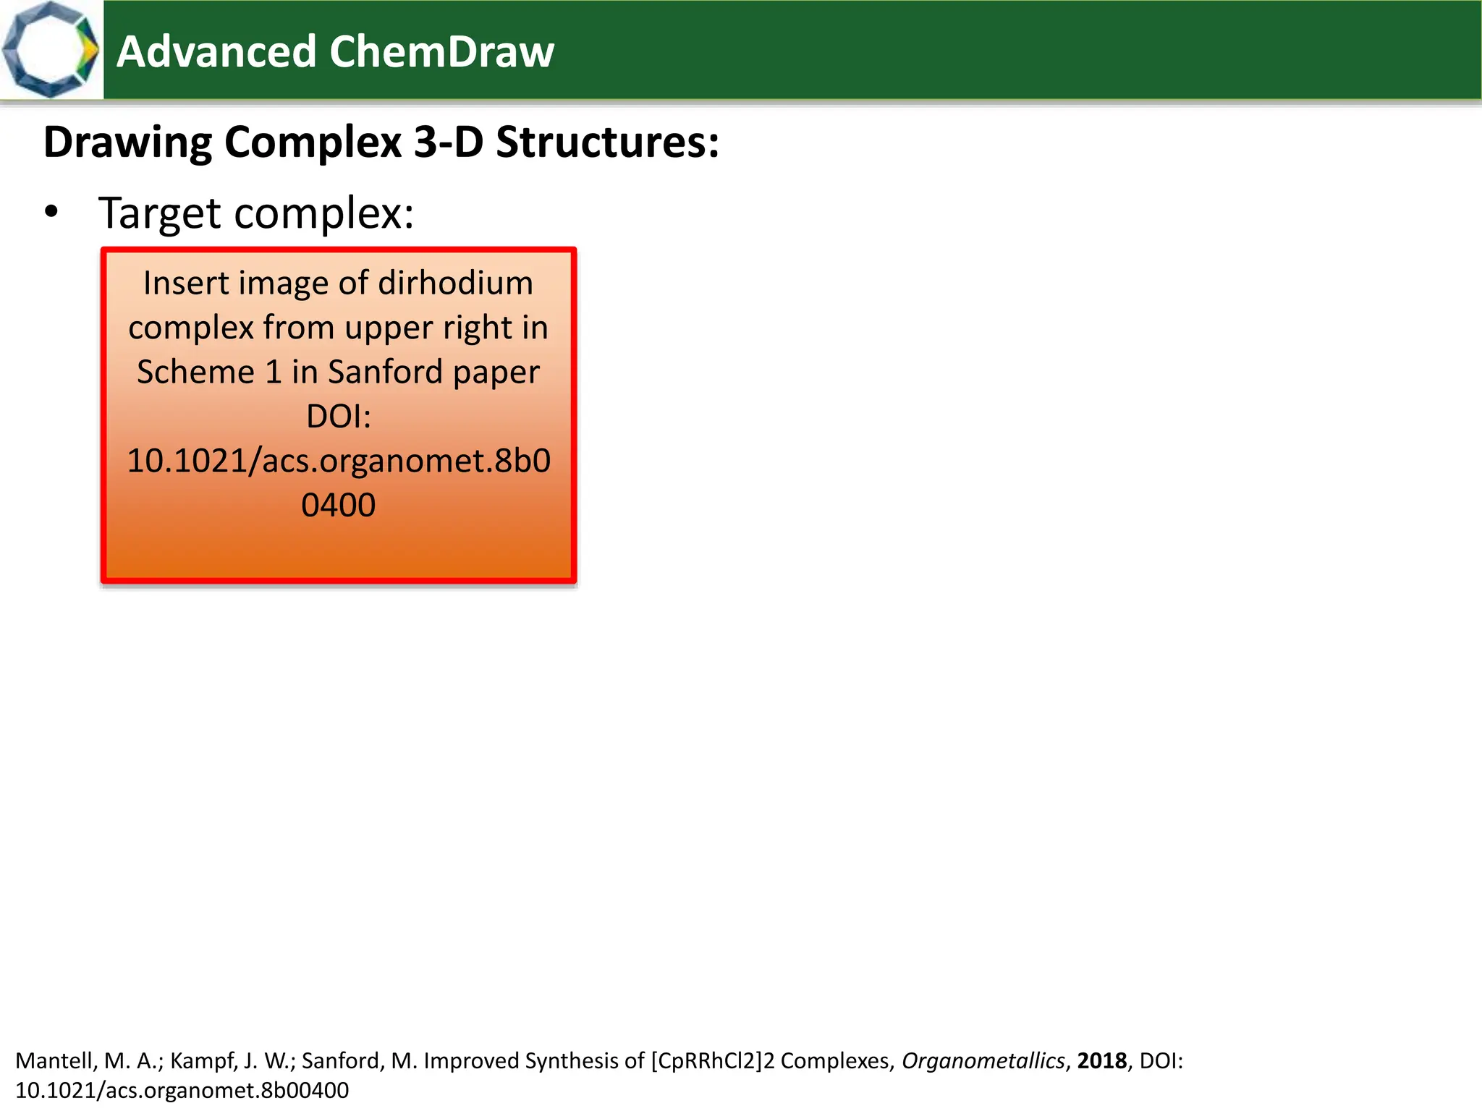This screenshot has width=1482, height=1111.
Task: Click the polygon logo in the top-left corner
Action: coord(51,49)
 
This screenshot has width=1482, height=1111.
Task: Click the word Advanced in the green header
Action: coord(216,52)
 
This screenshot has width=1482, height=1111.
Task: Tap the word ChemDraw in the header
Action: coord(441,52)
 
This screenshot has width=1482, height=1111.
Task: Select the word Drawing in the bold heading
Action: coord(127,142)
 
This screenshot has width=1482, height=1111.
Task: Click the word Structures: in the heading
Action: coord(608,142)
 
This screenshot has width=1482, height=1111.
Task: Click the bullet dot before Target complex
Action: coord(51,213)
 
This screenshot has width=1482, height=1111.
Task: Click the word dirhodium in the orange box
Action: coord(455,283)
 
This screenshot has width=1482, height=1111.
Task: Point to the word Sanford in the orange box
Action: coord(385,372)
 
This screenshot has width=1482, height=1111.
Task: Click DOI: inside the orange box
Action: coord(339,417)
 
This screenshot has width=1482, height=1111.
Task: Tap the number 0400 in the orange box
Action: coord(339,505)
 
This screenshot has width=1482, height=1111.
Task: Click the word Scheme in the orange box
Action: coord(196,372)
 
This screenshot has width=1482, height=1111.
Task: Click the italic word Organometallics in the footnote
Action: coord(983,1061)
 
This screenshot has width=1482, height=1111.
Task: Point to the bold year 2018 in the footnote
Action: coord(1101,1061)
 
